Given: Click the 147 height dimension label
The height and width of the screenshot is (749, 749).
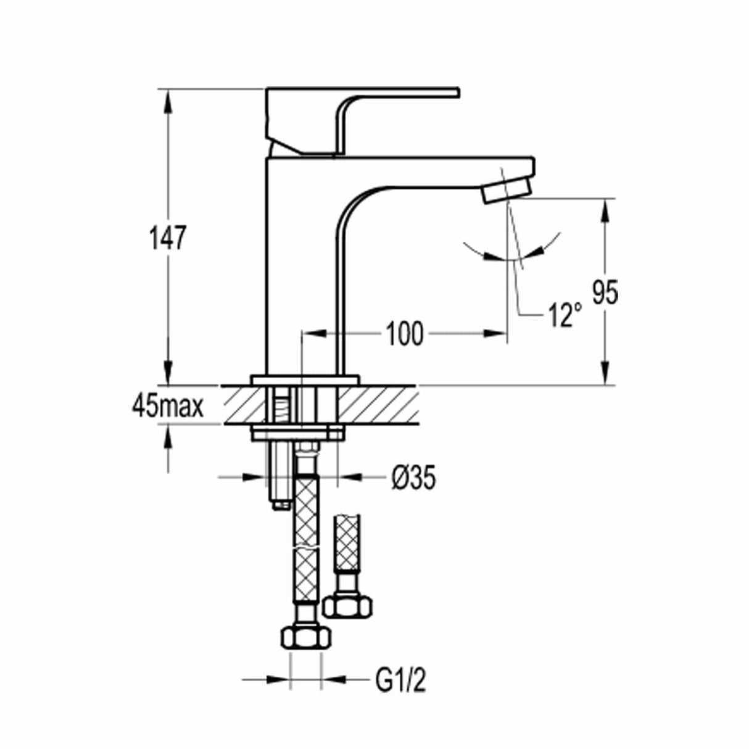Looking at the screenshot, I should pyautogui.click(x=166, y=238).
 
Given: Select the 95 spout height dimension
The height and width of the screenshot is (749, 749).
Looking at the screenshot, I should pyautogui.click(x=605, y=292).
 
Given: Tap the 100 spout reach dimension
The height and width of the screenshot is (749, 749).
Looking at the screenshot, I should pyautogui.click(x=405, y=334).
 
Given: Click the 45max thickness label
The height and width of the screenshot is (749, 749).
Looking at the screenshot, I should pyautogui.click(x=167, y=407).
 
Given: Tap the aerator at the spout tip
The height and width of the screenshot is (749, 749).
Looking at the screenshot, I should pyautogui.click(x=505, y=189).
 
